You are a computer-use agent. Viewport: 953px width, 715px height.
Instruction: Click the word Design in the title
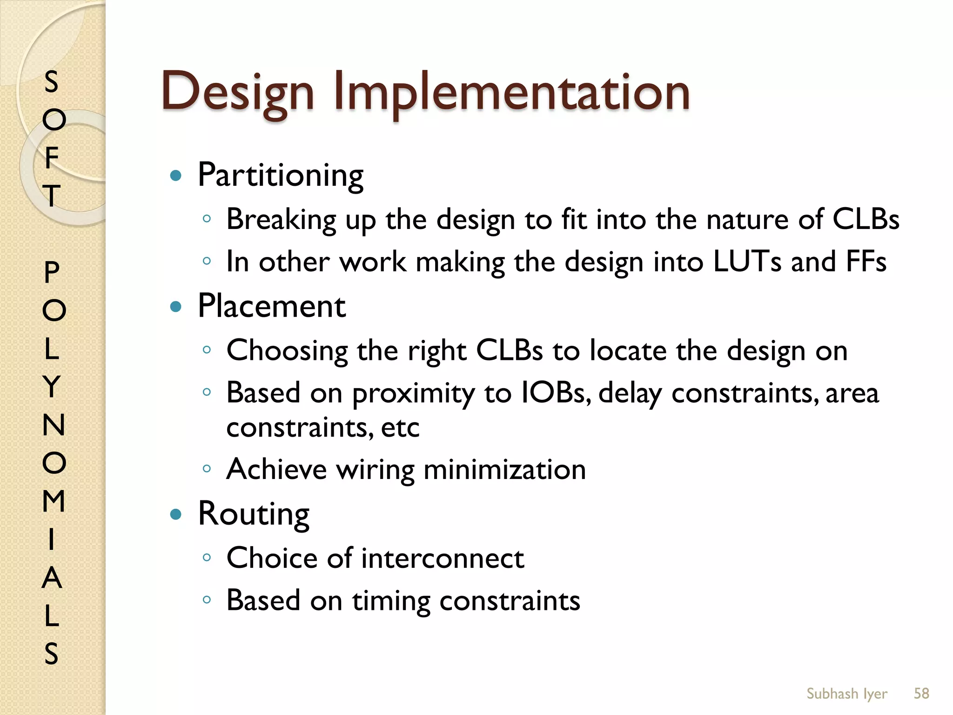click(237, 92)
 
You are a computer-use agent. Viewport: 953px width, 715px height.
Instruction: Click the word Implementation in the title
click(511, 92)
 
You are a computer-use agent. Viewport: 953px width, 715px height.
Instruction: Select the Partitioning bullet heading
click(281, 175)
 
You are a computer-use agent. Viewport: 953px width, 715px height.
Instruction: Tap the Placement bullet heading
click(272, 306)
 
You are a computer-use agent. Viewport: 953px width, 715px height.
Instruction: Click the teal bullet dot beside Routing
click(175, 514)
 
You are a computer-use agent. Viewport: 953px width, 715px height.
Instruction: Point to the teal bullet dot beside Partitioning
click(175, 176)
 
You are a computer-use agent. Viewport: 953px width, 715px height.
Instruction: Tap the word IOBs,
click(556, 392)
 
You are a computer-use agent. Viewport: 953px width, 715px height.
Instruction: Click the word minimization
click(504, 469)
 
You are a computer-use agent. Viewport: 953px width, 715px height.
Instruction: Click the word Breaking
click(281, 220)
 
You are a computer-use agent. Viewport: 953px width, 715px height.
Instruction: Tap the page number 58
click(921, 693)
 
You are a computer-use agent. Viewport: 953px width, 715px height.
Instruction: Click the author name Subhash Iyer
click(846, 694)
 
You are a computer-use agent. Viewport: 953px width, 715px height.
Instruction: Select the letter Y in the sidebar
click(52, 386)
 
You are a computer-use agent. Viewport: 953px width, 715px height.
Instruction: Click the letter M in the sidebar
click(54, 501)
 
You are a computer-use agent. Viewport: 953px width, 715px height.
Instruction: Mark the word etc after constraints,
click(400, 427)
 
